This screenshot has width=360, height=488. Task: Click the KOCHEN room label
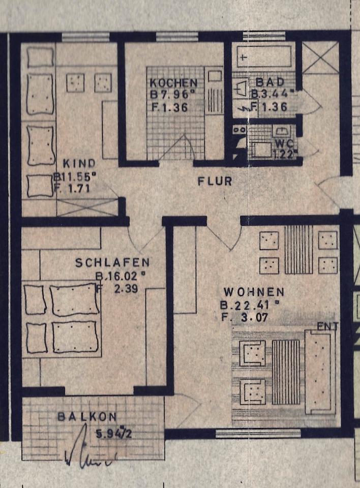point(173,83)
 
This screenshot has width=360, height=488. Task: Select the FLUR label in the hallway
point(215,181)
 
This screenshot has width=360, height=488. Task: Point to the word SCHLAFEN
point(112,263)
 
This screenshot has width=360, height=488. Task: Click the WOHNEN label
point(253,292)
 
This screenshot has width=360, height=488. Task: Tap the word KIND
point(79,164)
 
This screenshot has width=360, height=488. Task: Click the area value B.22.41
point(250,306)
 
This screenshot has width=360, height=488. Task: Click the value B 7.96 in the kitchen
point(172,95)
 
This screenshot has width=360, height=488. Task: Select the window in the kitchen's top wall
point(176,36)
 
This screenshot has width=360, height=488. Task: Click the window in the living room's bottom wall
point(244,434)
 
